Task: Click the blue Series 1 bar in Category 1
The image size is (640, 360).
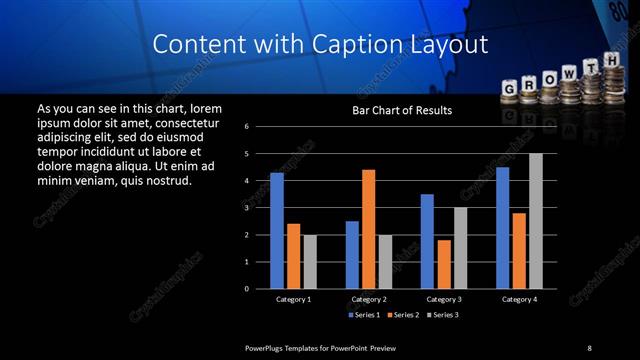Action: click(x=277, y=231)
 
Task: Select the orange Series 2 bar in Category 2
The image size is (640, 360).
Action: click(x=368, y=229)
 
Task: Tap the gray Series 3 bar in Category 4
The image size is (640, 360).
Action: click(x=536, y=221)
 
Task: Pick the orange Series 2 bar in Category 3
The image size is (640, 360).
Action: click(x=444, y=264)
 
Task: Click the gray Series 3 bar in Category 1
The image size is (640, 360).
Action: click(x=310, y=262)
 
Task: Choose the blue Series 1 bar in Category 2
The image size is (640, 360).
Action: click(x=352, y=255)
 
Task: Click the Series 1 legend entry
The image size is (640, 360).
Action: click(x=363, y=315)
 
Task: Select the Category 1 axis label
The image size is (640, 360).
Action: click(x=293, y=299)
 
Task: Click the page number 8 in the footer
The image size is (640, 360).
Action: click(x=589, y=347)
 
